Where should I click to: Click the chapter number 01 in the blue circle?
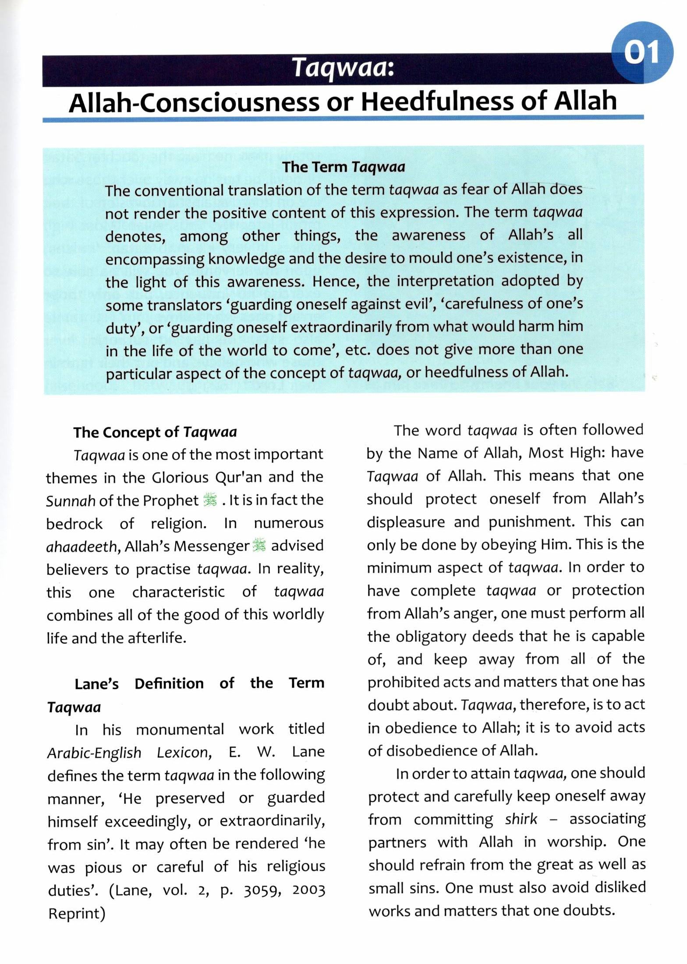click(641, 53)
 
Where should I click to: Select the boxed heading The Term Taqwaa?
click(343, 167)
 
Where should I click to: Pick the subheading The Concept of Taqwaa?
click(155, 432)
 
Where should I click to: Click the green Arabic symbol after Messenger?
click(260, 545)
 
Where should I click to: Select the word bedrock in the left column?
click(74, 523)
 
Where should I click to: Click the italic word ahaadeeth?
click(81, 546)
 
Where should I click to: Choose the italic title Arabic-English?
click(94, 753)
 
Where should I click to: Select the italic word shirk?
click(521, 819)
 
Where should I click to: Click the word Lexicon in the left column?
click(184, 753)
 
